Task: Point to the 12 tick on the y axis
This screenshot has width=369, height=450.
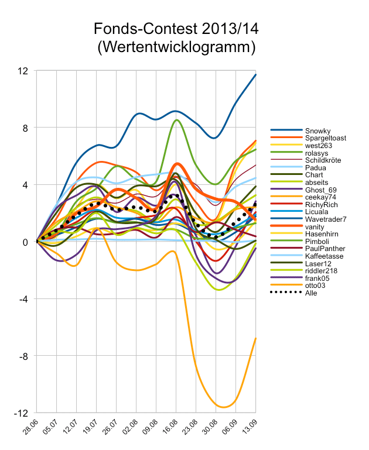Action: [x=23, y=71]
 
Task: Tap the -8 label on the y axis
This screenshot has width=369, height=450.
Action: [x=23, y=356]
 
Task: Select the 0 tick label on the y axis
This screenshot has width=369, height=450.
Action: [x=26, y=242]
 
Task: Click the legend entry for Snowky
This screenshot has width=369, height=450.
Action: [x=318, y=130]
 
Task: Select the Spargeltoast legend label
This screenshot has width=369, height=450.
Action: [x=326, y=138]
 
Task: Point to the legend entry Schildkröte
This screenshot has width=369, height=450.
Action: [x=324, y=160]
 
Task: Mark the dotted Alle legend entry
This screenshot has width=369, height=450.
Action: [x=312, y=293]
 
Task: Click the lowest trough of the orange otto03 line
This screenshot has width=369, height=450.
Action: [x=223, y=407]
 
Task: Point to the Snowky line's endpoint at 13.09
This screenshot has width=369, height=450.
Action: [x=256, y=74]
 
